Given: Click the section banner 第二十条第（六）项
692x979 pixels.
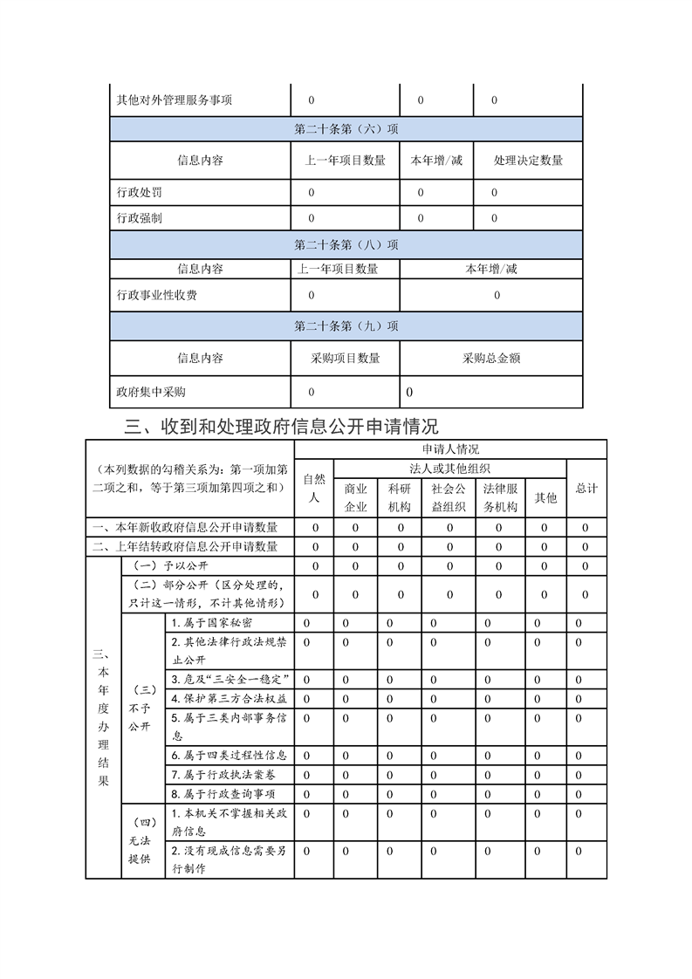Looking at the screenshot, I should click(x=346, y=129).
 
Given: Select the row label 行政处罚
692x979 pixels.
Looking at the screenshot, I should click(x=140, y=192).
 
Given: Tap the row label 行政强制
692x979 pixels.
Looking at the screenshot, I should click(x=140, y=218).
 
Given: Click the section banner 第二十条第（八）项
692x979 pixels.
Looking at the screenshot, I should click(x=346, y=245).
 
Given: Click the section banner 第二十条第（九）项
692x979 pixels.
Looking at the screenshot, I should click(x=346, y=326).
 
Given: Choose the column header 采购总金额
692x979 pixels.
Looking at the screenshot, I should click(x=491, y=358).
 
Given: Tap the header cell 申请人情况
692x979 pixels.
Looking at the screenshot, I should click(x=450, y=449).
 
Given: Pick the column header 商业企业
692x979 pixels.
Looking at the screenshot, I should click(x=355, y=497).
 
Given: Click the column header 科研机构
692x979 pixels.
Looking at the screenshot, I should click(x=400, y=497).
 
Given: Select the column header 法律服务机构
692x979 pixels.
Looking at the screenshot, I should click(x=500, y=497).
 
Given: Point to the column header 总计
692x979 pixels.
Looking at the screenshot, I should click(x=586, y=488).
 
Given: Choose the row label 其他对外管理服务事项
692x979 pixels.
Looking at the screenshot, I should click(x=175, y=100).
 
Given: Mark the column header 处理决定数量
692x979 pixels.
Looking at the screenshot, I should click(x=528, y=161).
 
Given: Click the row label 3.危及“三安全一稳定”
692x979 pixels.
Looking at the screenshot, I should click(x=230, y=680).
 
